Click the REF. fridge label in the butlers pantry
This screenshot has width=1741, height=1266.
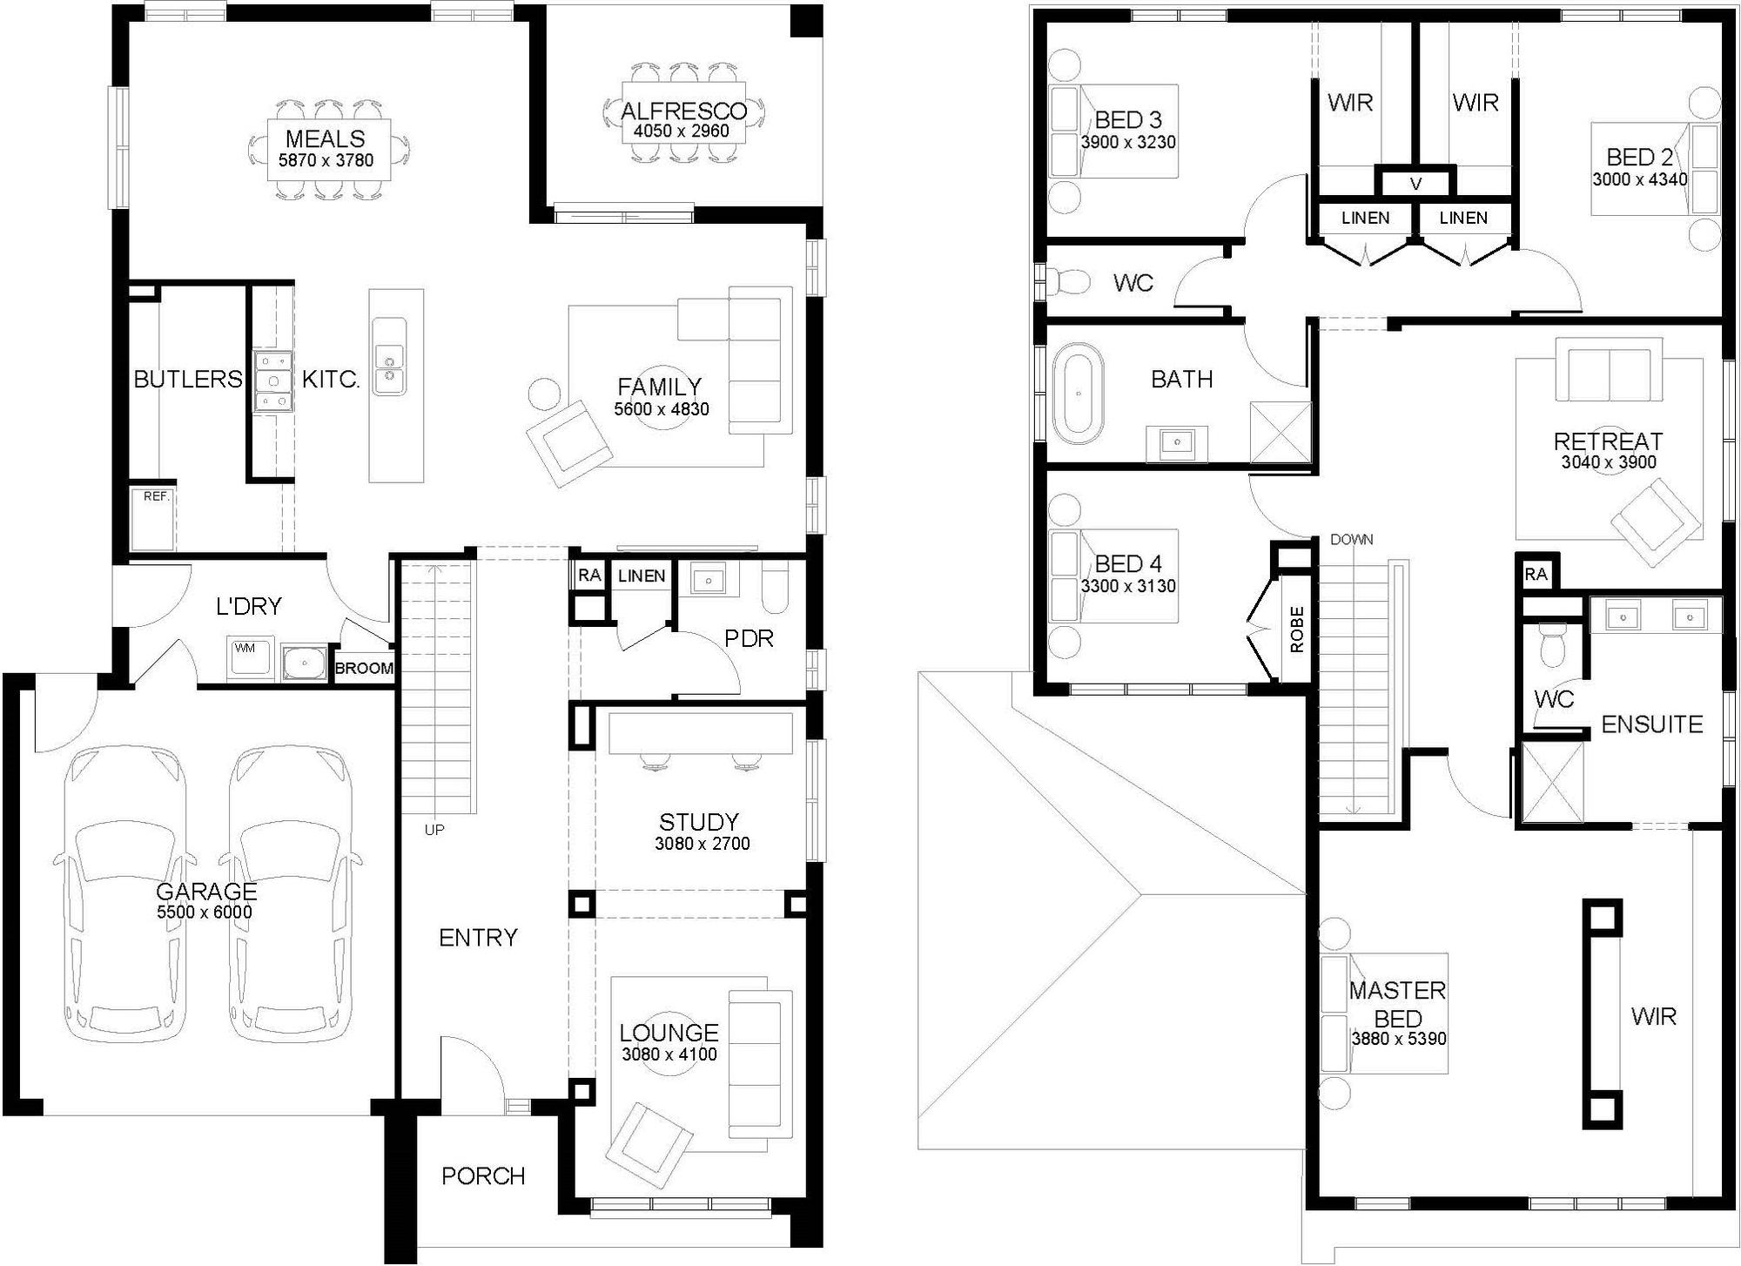[x=157, y=496]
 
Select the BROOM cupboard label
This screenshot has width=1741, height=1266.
[x=364, y=669]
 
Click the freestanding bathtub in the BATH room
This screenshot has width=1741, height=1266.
[x=1079, y=394]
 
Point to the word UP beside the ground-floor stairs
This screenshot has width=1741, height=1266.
[x=434, y=830]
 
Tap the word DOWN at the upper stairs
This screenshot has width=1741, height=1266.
[x=1351, y=540]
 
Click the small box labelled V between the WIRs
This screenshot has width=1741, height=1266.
[x=1415, y=184]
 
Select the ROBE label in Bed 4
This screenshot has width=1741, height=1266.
[x=1297, y=630]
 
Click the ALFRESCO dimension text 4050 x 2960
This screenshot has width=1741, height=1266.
[x=682, y=131]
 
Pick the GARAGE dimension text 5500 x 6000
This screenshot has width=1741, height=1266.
[x=205, y=912]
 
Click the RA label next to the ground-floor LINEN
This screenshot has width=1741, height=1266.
[x=589, y=576]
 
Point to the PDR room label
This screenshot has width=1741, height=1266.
[x=749, y=639]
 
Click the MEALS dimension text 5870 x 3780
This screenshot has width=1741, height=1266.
[x=326, y=160]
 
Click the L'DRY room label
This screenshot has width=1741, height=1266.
[x=249, y=606]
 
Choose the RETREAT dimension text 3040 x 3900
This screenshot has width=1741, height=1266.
[x=1609, y=462]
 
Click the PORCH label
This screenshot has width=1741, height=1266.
[x=483, y=1176]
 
